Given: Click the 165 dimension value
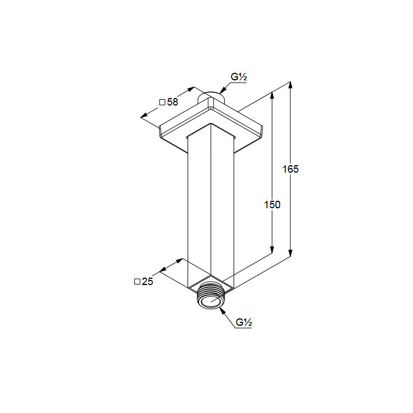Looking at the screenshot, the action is pyautogui.click(x=290, y=169).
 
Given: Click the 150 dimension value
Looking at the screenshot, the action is pyautogui.click(x=272, y=205).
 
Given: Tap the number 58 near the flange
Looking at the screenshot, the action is pyautogui.click(x=173, y=102).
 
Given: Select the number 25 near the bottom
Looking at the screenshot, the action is pyautogui.click(x=147, y=282).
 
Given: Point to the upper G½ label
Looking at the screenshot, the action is pyautogui.click(x=239, y=77).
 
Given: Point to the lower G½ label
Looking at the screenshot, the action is pyautogui.click(x=244, y=322).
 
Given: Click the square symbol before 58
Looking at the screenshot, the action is pyautogui.click(x=162, y=102).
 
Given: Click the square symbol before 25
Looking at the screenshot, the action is pyautogui.click(x=137, y=282).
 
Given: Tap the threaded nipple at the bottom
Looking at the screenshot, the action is pyautogui.click(x=210, y=295).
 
